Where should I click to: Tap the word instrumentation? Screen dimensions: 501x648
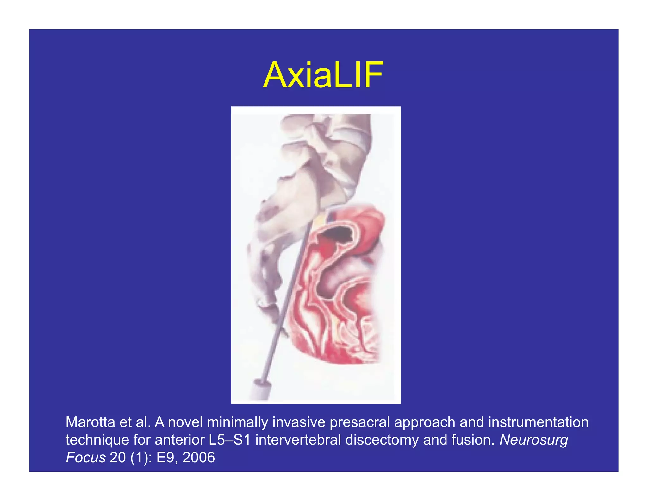[x=538, y=422]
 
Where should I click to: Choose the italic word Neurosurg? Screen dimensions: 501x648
[x=533, y=440]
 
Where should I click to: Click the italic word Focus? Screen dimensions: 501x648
[x=85, y=458]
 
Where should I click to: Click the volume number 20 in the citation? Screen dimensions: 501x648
[x=118, y=458]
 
